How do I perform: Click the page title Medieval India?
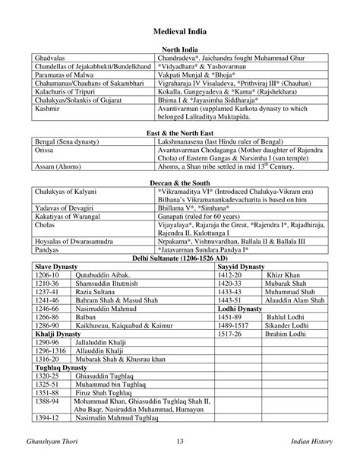pyautogui.click(x=180, y=32)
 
